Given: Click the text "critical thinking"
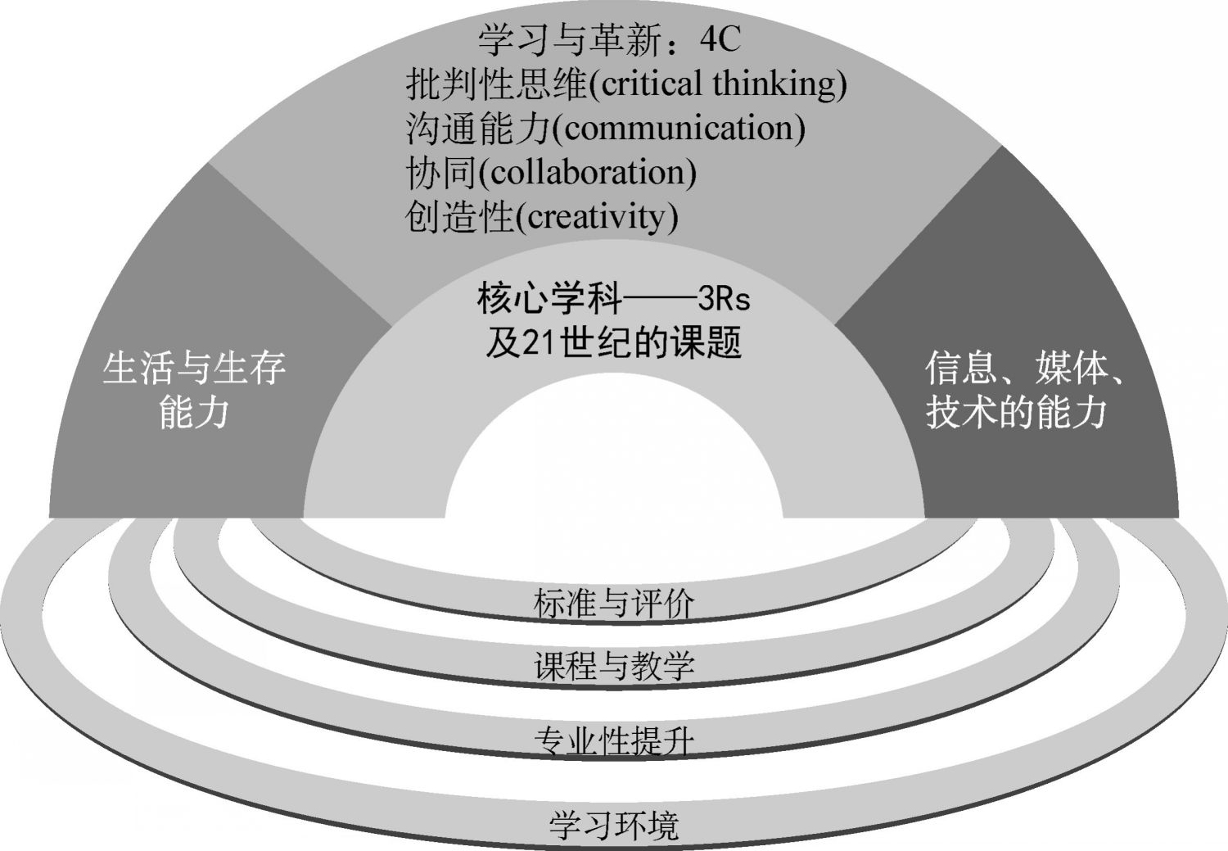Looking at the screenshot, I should coord(718,84).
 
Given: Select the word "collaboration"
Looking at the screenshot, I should coord(587,172).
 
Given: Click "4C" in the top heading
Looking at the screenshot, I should coord(720,39).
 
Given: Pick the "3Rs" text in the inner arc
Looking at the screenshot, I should coord(724,300).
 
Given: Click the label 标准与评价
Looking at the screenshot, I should coord(613,604).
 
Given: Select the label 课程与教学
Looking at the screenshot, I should coord(613,666).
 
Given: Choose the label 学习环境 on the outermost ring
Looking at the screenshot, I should coord(613,825).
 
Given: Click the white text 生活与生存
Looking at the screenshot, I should coord(194,369).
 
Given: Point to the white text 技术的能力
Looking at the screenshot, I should coord(1016,412).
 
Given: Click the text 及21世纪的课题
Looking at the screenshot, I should coord(613,343).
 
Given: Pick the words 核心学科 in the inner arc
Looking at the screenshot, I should coord(549,300).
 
